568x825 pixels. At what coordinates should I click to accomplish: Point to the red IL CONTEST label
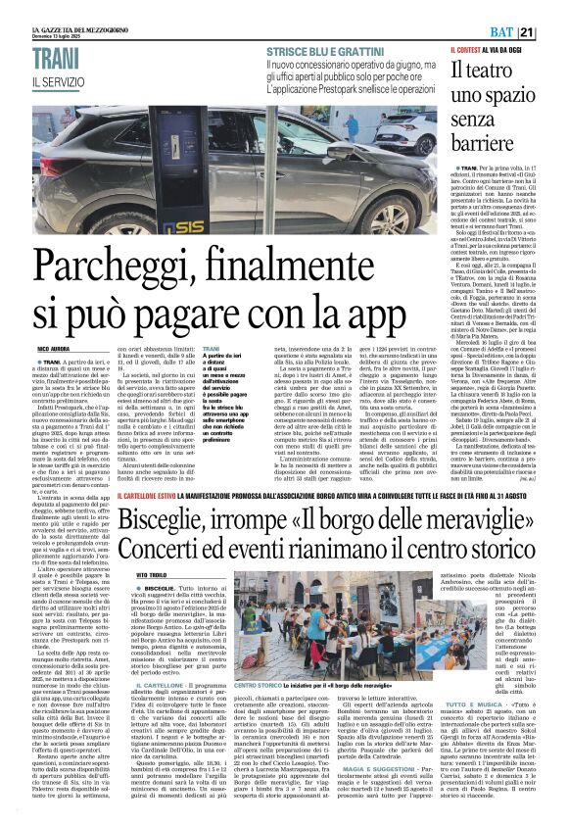click(469, 49)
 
